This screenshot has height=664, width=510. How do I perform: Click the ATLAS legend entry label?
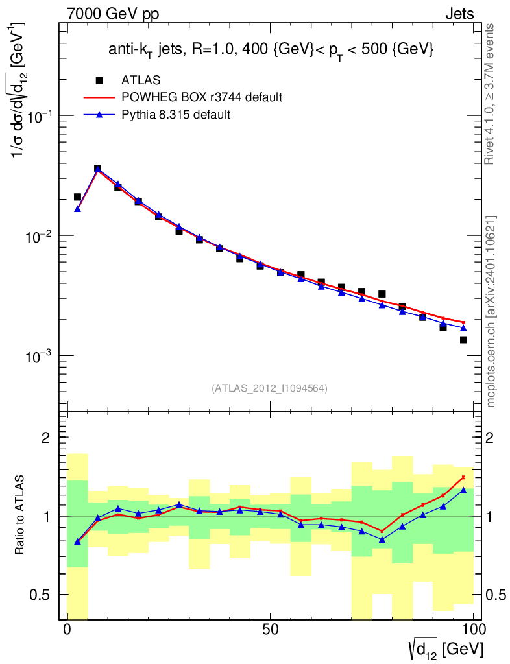coord(141,80)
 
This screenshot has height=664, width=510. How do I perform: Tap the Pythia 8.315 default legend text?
coord(176,115)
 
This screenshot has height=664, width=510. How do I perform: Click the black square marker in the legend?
coord(99,80)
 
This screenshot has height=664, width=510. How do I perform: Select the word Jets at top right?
coord(459,14)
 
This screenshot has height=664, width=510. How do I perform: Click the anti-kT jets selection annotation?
coord(270,50)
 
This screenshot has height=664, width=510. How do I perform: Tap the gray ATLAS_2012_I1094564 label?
coord(269,388)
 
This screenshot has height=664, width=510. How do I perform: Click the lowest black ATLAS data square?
coord(463,340)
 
